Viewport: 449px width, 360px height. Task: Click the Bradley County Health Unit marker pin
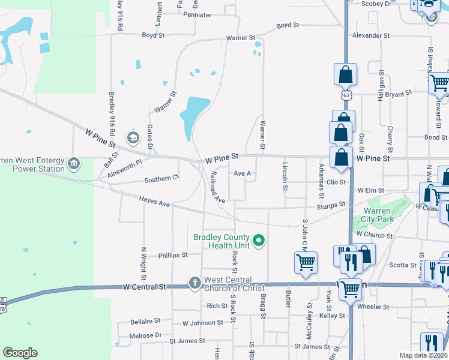coord(259,241)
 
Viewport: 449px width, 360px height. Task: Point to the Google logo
coord(20,353)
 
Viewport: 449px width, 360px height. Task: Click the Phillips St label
coord(173,255)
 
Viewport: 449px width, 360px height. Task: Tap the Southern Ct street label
coord(162,178)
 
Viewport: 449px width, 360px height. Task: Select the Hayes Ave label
coord(155,202)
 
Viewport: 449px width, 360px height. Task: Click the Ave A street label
coord(242,173)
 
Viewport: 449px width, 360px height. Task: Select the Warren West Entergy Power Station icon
coord(74,163)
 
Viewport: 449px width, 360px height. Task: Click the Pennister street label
coord(197,14)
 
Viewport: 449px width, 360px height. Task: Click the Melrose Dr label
coord(146,335)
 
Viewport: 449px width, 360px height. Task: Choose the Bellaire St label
coord(145,322)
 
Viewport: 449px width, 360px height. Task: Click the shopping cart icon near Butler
coord(306,262)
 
